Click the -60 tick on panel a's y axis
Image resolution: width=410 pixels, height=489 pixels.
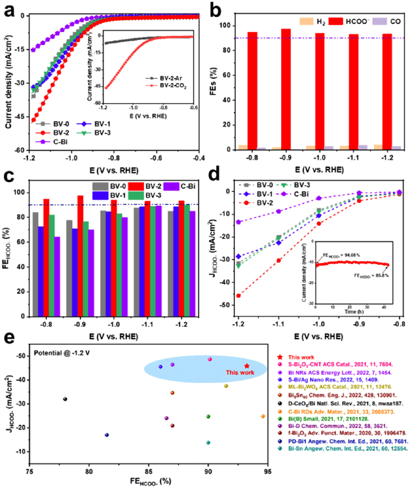(19, 151)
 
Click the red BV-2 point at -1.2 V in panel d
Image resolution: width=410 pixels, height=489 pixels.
(238, 296)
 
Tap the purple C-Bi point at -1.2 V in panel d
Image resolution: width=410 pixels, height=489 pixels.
(238, 222)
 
